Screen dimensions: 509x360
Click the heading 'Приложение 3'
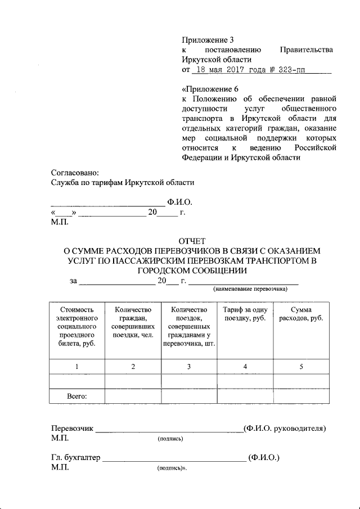(207, 39)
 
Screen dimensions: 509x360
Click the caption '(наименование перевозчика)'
(250, 289)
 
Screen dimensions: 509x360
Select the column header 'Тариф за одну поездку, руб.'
(245, 314)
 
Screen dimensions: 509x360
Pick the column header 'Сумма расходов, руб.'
(301, 314)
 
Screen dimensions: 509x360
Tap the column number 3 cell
(189, 367)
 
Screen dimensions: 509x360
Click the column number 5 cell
(301, 367)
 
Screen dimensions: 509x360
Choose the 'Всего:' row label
(76, 396)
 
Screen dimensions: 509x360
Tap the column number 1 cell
(76, 367)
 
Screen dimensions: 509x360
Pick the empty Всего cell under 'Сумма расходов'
(301, 396)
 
